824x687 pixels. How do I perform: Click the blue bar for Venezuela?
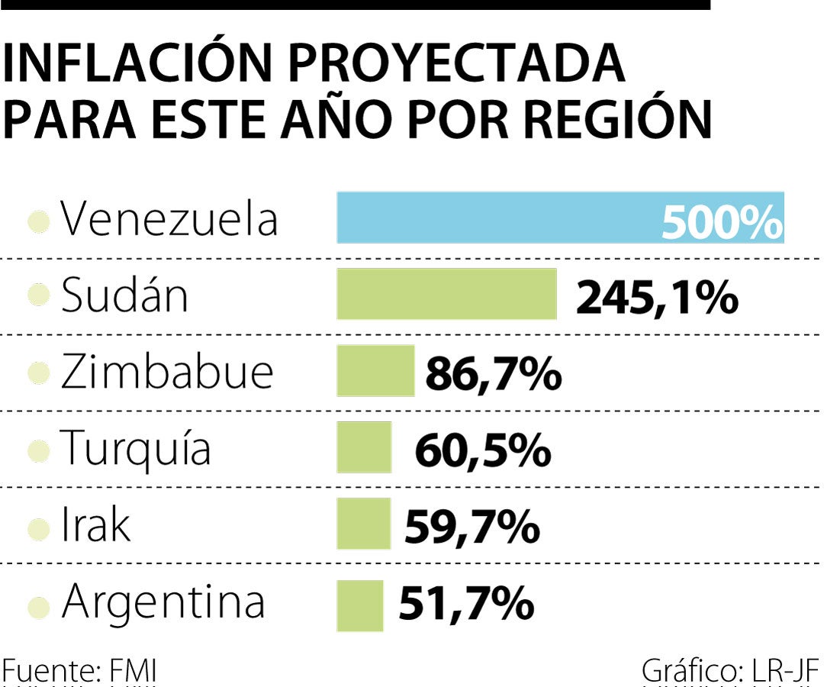click(x=496, y=218)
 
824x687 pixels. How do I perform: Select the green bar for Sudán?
click(x=446, y=294)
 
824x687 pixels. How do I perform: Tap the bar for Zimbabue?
click(x=375, y=371)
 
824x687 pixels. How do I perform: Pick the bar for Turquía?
click(x=364, y=447)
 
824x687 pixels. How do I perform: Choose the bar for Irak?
click(x=363, y=524)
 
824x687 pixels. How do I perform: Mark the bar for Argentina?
click(x=359, y=605)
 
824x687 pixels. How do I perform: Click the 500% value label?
click(x=722, y=222)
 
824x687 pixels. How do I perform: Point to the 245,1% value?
click(x=657, y=298)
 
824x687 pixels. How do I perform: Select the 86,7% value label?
click(x=494, y=375)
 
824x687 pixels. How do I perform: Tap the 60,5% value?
click(x=482, y=451)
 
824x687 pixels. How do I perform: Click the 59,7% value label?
click(x=472, y=527)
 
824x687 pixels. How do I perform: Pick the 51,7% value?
click(x=465, y=605)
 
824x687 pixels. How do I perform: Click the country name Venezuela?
click(x=169, y=219)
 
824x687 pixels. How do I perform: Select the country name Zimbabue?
click(x=166, y=372)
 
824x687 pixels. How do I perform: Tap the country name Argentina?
click(x=163, y=602)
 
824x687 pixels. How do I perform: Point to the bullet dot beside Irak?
click(x=38, y=528)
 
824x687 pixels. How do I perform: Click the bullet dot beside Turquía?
click(x=38, y=451)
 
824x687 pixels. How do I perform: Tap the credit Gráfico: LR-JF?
click(x=729, y=672)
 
